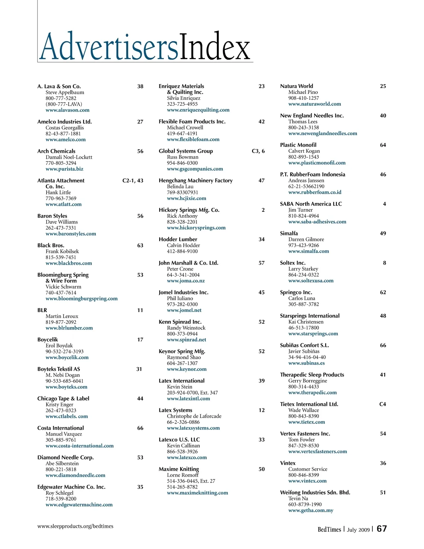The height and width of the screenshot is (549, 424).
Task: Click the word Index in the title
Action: point(214,47)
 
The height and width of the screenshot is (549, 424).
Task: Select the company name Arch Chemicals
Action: point(56,151)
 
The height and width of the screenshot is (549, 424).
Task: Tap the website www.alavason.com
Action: point(67,110)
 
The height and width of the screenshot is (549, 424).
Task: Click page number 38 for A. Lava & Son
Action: point(140,86)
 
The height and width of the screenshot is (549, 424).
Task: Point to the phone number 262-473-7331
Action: point(61,228)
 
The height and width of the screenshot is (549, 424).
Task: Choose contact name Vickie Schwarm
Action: point(63,287)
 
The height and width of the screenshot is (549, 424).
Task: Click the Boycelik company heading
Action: point(48,339)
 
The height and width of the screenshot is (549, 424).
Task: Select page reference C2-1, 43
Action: point(133,181)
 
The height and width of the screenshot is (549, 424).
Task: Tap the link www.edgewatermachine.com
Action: point(79,504)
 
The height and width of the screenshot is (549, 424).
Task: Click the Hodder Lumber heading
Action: point(178,239)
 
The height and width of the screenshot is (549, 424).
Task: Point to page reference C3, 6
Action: point(258,151)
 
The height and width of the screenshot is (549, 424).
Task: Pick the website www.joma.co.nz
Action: point(186,281)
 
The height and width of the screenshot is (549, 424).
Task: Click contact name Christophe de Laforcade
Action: point(194,416)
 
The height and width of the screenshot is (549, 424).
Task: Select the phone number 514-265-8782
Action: point(182,487)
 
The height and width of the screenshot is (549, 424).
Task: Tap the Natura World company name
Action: point(296,86)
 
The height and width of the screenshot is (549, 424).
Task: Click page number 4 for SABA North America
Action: point(384,204)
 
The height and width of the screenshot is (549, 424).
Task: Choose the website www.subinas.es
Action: point(306,363)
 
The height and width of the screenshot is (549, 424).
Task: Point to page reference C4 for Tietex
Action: point(383,404)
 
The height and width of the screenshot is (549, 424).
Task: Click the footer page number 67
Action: point(382,528)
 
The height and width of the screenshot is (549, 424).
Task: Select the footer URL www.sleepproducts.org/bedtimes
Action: point(75,526)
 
